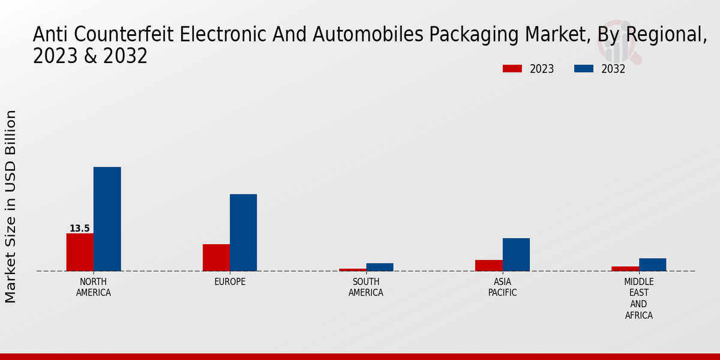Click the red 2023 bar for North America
(x=80, y=252)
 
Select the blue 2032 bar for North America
(x=107, y=219)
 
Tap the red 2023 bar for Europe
(x=216, y=257)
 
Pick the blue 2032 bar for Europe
(x=243, y=232)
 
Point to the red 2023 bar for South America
(x=352, y=269)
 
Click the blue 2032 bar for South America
(x=380, y=267)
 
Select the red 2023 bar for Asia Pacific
(x=489, y=265)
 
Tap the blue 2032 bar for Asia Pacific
(x=516, y=254)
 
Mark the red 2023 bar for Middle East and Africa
(x=625, y=268)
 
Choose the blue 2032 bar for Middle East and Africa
(x=652, y=265)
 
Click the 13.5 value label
(x=80, y=229)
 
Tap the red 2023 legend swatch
(x=512, y=69)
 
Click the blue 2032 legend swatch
(x=584, y=69)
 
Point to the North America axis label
(x=94, y=287)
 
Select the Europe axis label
(x=230, y=282)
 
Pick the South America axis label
(x=366, y=287)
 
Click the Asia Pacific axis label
(x=502, y=287)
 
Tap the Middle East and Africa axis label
(x=639, y=298)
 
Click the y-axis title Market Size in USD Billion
(x=11, y=206)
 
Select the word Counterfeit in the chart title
(x=122, y=35)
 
